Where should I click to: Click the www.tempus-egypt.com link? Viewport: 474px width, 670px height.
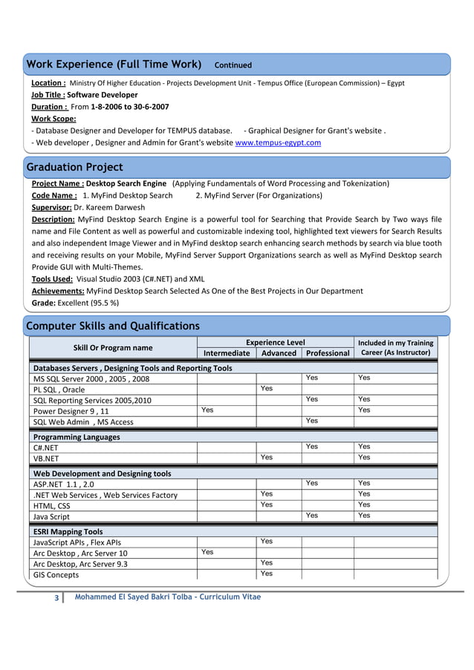278,142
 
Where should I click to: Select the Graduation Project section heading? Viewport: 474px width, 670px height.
74,167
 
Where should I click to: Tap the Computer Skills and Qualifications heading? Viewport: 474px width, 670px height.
113,326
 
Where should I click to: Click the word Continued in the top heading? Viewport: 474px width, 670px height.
233,65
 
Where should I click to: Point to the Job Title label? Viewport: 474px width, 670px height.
48,95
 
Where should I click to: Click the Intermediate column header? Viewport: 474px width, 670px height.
227,353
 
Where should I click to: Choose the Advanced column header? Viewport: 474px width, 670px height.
279,353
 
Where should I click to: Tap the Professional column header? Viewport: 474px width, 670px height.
328,353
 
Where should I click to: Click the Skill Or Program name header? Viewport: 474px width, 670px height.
113,347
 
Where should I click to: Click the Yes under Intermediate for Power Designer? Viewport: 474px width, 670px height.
208,410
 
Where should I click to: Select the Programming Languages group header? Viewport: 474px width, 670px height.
76,437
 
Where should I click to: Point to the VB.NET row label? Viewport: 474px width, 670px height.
46,459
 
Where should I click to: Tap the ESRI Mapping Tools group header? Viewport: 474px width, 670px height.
68,532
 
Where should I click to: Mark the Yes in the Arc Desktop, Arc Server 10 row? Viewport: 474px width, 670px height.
208,552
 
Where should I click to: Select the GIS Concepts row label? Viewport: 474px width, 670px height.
56,575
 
